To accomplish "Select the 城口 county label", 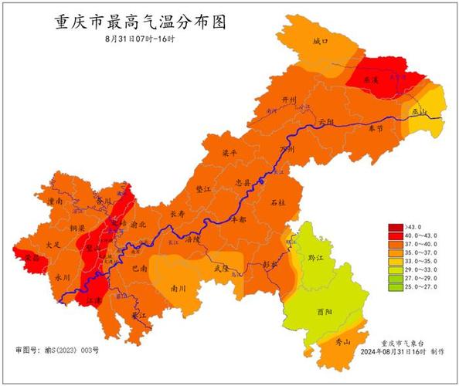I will point(320,40).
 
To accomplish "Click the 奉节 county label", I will point(376,128).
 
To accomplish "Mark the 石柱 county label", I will point(278,202).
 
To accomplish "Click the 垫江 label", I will point(203,188).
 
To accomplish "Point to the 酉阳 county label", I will point(325,313).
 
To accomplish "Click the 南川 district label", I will point(178,288).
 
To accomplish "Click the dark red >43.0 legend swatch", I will point(393,226).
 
